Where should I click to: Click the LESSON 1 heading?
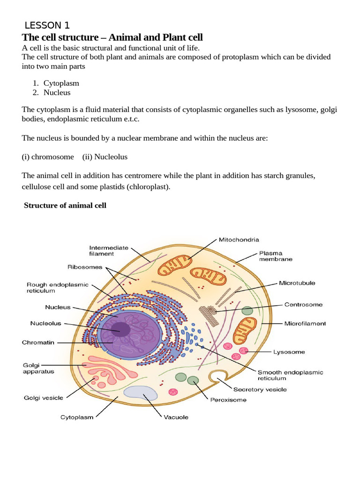(x=47, y=25)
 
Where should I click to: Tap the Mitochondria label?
(x=239, y=240)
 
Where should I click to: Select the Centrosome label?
(x=303, y=304)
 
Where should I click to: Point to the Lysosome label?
(x=289, y=352)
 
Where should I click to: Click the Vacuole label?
(x=176, y=417)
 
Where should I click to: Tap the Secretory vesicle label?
(x=260, y=389)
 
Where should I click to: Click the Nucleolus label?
(x=46, y=323)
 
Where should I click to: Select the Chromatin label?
(x=38, y=342)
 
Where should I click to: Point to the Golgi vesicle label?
(x=43, y=398)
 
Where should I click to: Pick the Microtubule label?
(x=297, y=283)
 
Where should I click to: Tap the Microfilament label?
(x=305, y=323)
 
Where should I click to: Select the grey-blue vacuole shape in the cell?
(x=141, y=393)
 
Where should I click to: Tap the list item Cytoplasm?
(x=61, y=83)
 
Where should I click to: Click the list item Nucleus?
(x=57, y=92)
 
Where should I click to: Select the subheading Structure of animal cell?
(x=65, y=205)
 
